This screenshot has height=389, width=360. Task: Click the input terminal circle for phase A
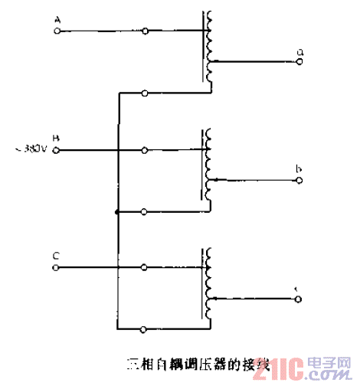(57, 31)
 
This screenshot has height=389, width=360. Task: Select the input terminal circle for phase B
(57, 151)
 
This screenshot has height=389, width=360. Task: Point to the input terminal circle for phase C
(57, 268)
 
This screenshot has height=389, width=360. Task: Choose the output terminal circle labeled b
(299, 181)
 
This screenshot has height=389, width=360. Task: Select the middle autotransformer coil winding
(206, 165)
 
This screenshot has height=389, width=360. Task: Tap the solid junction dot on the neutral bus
(116, 211)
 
